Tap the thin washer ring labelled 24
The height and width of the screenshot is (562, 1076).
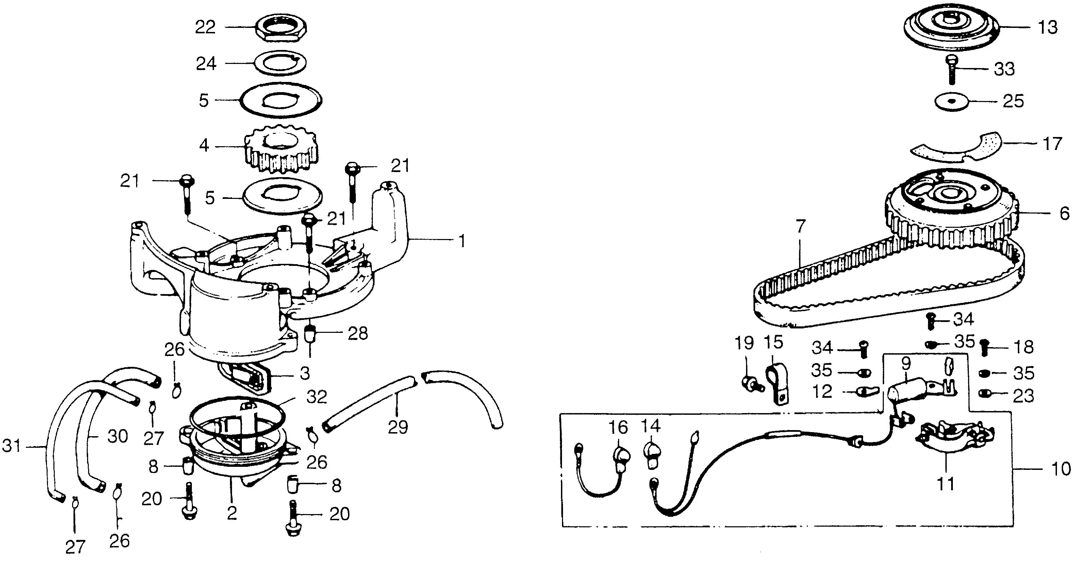pyautogui.click(x=281, y=63)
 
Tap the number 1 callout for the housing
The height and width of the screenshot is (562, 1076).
pyautogui.click(x=462, y=241)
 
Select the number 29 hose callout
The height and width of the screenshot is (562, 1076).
pyautogui.click(x=397, y=427)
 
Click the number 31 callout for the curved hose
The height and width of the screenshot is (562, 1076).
pyautogui.click(x=11, y=446)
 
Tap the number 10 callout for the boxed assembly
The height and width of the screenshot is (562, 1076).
pyautogui.click(x=1061, y=469)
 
